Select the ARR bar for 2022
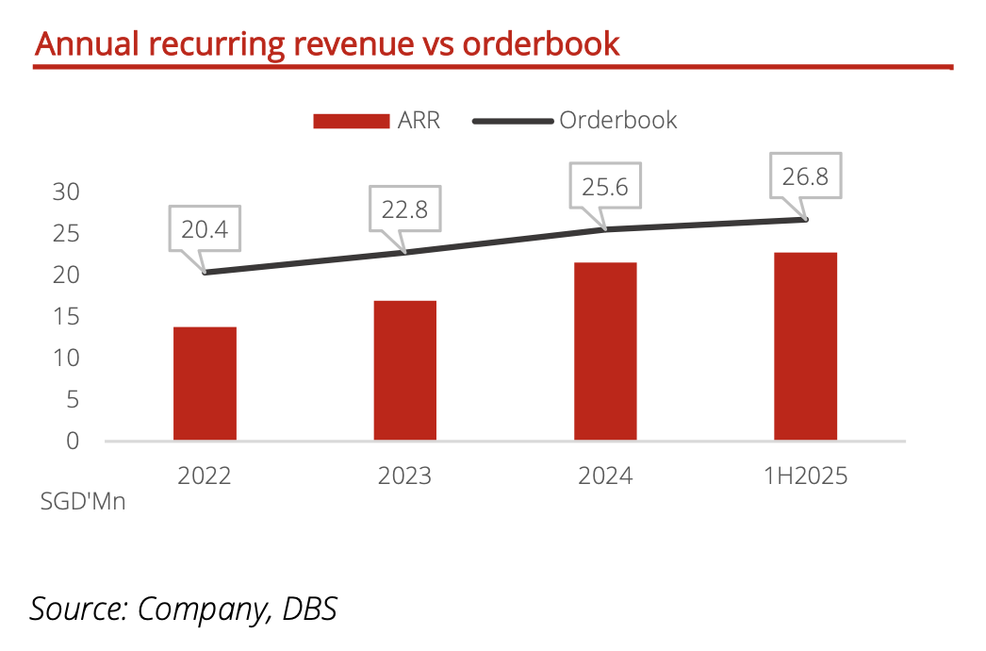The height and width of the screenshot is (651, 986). pos(205,383)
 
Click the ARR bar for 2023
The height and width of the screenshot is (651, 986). pos(404,370)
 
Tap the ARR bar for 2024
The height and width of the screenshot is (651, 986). pos(605,351)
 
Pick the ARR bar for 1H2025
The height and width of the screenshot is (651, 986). pos(805,346)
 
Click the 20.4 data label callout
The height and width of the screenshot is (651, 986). pos(205,228)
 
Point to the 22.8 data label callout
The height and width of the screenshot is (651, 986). pos(405,209)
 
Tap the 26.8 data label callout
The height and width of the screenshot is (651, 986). pos(805,176)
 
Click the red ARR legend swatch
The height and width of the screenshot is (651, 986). pos(351,121)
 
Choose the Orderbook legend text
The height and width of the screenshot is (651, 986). pos(618,120)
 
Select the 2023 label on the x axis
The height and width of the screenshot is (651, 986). pos(404,476)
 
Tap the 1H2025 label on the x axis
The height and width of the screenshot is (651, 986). pos(805,476)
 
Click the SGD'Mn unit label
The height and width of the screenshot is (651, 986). pos(83,502)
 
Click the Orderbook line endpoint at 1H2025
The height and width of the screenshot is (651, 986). pos(807,219)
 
